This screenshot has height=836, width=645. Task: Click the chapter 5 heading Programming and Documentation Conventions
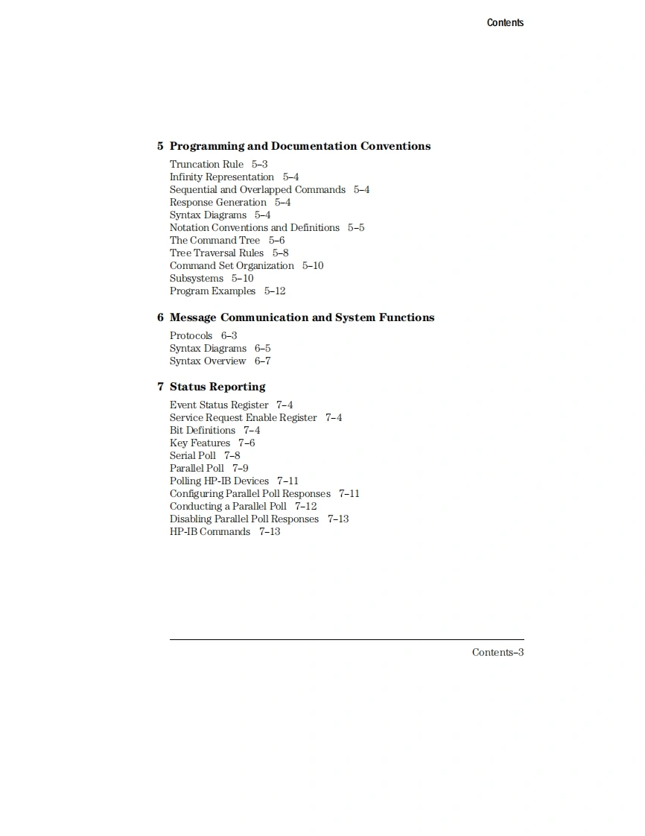pyautogui.click(x=299, y=146)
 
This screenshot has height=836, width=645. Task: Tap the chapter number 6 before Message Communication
pyautogui.click(x=160, y=317)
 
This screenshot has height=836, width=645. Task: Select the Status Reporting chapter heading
pyautogui.click(x=217, y=387)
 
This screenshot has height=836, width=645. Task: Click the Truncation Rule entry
pyautogui.click(x=206, y=165)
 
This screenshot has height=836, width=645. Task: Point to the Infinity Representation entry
pyautogui.click(x=221, y=177)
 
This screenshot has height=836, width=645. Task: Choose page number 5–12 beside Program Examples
pyautogui.click(x=275, y=291)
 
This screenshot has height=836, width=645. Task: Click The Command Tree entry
pyautogui.click(x=215, y=241)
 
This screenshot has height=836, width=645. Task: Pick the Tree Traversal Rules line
pyautogui.click(x=216, y=253)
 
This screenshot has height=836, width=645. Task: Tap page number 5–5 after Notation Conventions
pyautogui.click(x=356, y=228)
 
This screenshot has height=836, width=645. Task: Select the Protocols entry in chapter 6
pyautogui.click(x=191, y=336)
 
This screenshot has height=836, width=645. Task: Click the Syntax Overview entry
pyautogui.click(x=207, y=361)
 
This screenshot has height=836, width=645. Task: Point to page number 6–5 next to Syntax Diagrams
pyautogui.click(x=262, y=349)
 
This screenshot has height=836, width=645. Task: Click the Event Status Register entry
pyautogui.click(x=219, y=405)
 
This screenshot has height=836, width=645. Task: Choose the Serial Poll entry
pyautogui.click(x=192, y=456)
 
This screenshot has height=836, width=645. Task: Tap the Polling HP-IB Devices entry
pyautogui.click(x=219, y=481)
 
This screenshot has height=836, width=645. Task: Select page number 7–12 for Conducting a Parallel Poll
pyautogui.click(x=305, y=507)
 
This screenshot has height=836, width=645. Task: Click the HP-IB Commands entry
pyautogui.click(x=209, y=532)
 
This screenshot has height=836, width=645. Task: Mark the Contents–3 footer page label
pyautogui.click(x=498, y=653)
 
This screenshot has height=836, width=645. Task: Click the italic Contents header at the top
pyautogui.click(x=505, y=22)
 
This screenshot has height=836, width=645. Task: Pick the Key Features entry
pyautogui.click(x=200, y=443)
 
